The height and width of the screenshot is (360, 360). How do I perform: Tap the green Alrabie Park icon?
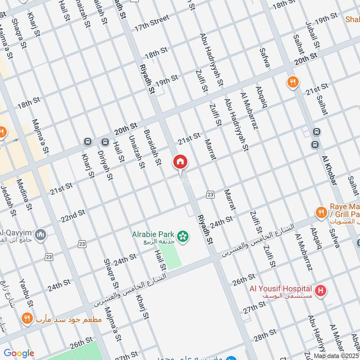pos(183,236)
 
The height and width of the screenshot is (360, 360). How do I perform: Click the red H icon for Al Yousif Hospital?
pos(320,290)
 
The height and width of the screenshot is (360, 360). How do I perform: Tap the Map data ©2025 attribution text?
pos(336,355)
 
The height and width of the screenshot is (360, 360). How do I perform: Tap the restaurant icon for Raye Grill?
pos(321,212)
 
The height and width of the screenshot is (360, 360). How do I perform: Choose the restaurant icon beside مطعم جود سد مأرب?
pos(27,319)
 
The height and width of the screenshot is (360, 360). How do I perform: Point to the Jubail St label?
pos(312,35)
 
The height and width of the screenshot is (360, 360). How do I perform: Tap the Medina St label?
pos(24,195)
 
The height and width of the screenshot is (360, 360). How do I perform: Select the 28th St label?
pos(264,335)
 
